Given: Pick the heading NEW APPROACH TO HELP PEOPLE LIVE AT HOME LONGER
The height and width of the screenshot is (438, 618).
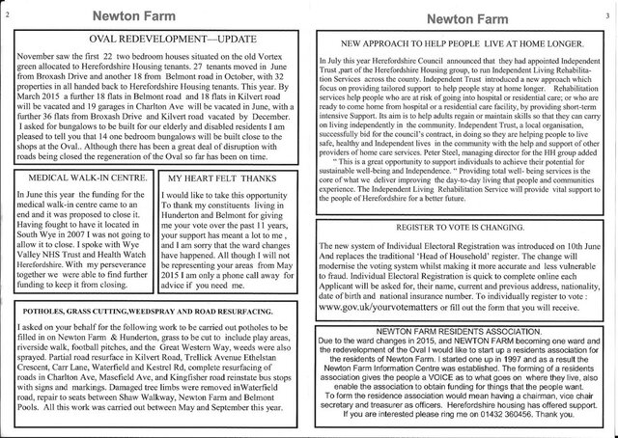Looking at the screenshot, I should click(x=460, y=44).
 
